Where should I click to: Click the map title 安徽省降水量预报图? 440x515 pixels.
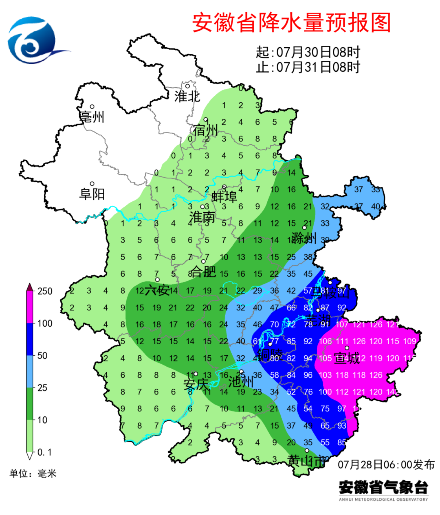pos(291,22)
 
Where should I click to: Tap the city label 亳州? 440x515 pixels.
pos(92,117)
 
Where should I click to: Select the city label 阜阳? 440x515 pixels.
pos(92,194)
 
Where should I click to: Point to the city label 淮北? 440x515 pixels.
pos(187,97)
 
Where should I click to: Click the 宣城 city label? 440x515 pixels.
pos(347,359)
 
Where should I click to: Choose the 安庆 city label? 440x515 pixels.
pos(196,384)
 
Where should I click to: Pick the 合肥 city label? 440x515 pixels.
pos(203,271)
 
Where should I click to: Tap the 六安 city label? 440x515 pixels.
pos(157,290)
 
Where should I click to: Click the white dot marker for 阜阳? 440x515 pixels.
pos(92,184)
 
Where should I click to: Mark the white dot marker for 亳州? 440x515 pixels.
pos(92,107)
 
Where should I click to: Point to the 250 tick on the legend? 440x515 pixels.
pos(45,291)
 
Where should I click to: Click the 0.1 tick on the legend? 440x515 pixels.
pos(44,452)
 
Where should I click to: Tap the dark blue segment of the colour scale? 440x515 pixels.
pos(30,339)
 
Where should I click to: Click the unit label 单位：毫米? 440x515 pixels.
pos(33,473)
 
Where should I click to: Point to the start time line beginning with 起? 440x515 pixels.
pos(308,52)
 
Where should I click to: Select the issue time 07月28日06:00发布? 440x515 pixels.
pos(386,464)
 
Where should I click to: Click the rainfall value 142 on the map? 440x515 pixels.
pos(392,392)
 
